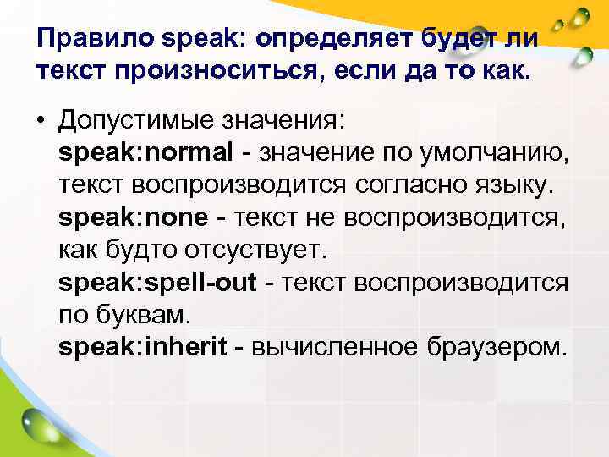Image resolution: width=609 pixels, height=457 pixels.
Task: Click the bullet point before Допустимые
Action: pyautogui.click(x=41, y=122)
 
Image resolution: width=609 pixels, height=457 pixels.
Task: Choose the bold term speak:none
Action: pyautogui.click(x=133, y=217)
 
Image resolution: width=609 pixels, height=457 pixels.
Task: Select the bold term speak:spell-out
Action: pyautogui.click(x=156, y=282)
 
